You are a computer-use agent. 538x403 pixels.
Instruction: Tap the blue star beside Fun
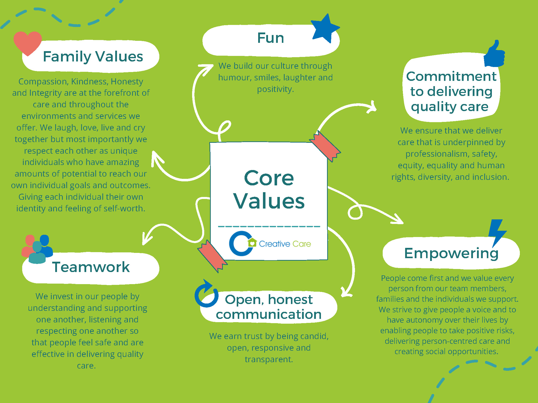pos(325,28)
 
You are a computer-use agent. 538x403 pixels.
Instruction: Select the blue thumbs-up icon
pos(494,54)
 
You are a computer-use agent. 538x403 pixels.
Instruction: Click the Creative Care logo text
pos(285,244)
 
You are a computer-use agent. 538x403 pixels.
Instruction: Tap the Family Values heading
pos(93,56)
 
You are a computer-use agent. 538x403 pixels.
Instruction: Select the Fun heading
pos(271,38)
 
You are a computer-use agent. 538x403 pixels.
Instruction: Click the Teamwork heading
pos(91,267)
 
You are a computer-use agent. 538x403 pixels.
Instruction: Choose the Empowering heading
pos(451,253)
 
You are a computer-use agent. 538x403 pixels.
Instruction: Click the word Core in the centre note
pos(269,178)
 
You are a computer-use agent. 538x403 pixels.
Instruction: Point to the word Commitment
pos(451,76)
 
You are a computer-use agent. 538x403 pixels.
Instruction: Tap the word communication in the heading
pos(269,314)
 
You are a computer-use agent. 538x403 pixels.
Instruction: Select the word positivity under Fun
pos(275,89)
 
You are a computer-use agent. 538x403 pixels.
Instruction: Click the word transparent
pos(269,359)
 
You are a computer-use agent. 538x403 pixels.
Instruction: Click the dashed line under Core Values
pos(269,226)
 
